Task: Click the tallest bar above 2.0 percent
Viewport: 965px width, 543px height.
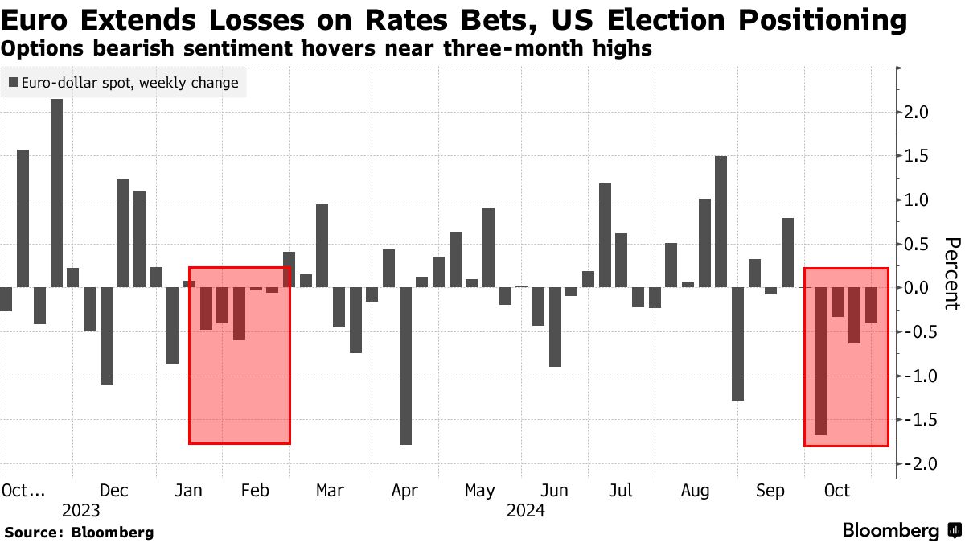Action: point(56,193)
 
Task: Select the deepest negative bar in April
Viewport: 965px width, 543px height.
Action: point(405,366)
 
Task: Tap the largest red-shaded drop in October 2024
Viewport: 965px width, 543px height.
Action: point(821,361)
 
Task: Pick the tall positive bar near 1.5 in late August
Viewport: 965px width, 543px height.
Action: point(721,221)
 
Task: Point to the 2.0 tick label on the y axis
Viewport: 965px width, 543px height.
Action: point(919,112)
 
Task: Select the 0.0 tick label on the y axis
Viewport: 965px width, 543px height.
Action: point(919,287)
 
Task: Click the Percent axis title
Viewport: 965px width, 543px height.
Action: point(951,274)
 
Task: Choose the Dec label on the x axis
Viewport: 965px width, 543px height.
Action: point(114,491)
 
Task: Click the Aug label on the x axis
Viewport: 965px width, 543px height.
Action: point(695,491)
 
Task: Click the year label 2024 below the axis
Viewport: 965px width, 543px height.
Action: point(526,511)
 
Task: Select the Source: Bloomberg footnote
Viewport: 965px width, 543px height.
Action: point(79,532)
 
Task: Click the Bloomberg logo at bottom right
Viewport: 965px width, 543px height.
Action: point(901,531)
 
